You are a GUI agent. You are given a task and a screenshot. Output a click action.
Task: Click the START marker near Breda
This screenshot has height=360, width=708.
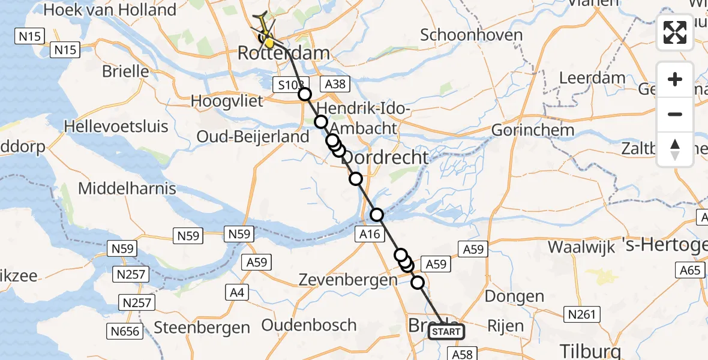click(x=446, y=332)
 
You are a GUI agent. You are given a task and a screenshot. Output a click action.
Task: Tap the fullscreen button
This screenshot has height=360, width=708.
click(x=675, y=32)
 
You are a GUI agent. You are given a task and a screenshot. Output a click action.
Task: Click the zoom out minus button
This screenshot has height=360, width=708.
click(x=675, y=114)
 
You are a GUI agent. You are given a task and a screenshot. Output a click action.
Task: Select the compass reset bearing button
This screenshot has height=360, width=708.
click(x=675, y=149)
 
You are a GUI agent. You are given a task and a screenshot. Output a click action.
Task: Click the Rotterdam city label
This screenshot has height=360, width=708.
click(x=284, y=53)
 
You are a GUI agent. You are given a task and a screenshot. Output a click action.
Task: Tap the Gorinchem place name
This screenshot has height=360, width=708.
click(x=533, y=130)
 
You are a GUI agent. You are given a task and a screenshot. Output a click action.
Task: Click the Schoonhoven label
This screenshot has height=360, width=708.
click(x=471, y=35)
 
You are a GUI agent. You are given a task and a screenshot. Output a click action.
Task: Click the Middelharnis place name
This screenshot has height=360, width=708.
click(x=127, y=188)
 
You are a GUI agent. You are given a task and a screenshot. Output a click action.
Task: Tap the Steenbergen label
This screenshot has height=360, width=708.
click(x=202, y=328)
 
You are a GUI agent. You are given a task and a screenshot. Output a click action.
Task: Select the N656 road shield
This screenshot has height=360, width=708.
click(x=125, y=331)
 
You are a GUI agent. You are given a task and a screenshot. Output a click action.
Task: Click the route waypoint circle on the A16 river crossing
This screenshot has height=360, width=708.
click(x=377, y=214)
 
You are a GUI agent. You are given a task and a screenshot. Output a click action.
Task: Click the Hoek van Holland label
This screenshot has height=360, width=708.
click(x=110, y=10)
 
